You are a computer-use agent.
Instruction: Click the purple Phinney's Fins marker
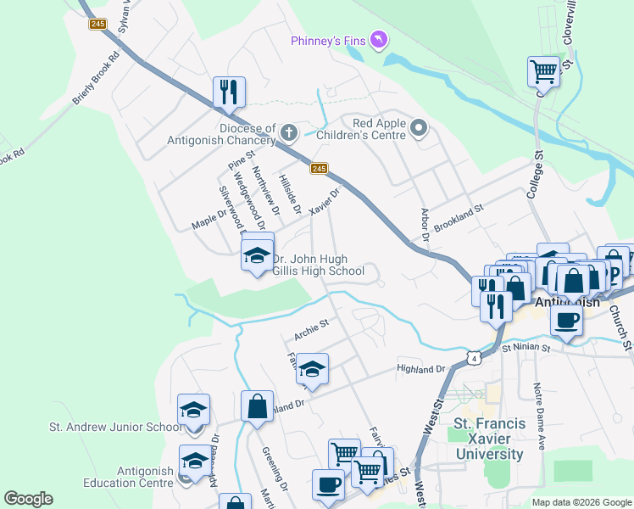coord(379,40)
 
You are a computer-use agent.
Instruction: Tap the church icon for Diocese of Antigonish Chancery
coord(289,132)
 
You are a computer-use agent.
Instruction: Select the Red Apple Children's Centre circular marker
coord(418,128)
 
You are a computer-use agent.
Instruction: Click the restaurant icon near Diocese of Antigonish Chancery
coord(228,92)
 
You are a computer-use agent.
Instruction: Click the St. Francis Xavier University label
coord(489,439)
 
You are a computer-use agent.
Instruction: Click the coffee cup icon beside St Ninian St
coord(567,320)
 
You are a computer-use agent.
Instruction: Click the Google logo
coord(28,499)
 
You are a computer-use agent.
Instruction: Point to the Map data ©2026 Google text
coord(581,502)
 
